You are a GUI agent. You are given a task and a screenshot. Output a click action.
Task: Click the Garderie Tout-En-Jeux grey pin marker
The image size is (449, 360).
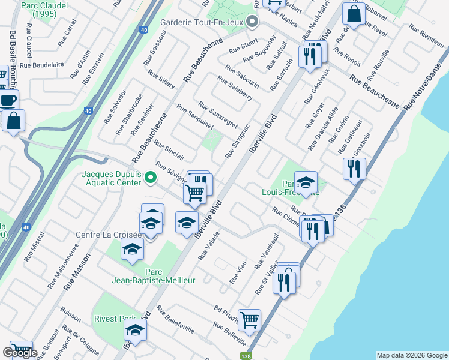pos(253,24)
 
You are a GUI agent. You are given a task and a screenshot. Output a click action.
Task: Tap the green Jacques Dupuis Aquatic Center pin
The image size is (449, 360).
pos(151,178)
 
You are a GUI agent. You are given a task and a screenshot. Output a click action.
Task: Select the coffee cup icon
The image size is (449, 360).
pos(8,100)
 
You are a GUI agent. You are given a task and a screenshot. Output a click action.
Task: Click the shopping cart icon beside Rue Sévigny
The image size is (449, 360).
pos(194,193)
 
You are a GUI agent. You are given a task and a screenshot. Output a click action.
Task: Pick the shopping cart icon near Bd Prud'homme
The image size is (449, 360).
pos(249,320)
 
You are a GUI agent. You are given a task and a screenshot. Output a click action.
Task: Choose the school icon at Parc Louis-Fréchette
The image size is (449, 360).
pos(306,183)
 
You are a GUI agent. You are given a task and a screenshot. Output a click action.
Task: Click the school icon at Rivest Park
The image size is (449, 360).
pos(135,331)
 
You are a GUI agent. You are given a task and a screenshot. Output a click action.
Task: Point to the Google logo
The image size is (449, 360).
pos(20,353)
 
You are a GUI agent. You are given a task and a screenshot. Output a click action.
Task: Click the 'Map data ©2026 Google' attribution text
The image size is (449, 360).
pos(411,355)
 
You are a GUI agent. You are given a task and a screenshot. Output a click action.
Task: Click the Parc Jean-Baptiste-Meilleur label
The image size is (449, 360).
pos(154,276)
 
